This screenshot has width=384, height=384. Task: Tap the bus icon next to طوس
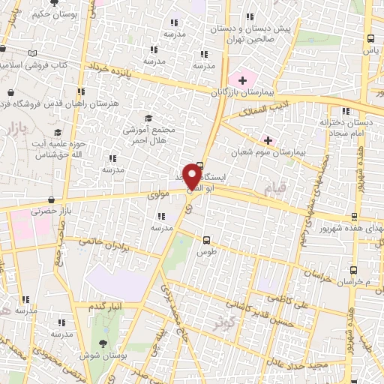click(x=206, y=240)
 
